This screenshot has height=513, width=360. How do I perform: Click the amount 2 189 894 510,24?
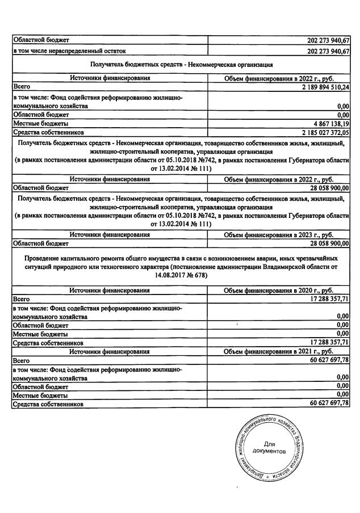(318, 87)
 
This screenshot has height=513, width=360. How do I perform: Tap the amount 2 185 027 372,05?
(318, 132)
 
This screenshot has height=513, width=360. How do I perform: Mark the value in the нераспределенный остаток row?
(322, 51)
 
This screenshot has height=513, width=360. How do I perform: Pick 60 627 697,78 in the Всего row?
(322, 360)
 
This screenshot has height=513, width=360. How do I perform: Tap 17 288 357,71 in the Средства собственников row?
(322, 343)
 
